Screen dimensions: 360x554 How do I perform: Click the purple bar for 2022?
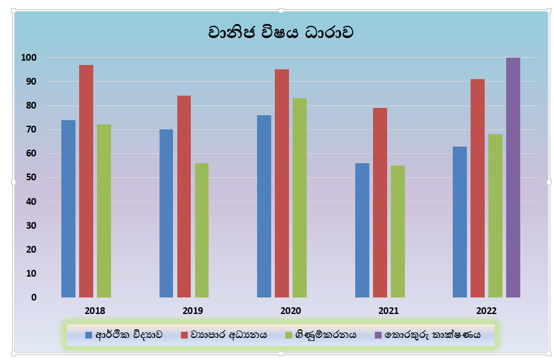(513, 178)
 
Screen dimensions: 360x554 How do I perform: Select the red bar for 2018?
(86, 181)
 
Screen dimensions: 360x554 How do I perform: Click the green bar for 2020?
(299, 197)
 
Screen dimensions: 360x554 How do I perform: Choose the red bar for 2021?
(380, 202)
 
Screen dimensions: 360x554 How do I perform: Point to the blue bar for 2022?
(460, 222)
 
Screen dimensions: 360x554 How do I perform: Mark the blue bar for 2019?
(166, 213)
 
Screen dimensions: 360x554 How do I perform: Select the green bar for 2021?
(398, 231)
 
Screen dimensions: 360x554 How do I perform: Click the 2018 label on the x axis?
(94, 310)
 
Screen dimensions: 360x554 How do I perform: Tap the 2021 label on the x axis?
(388, 310)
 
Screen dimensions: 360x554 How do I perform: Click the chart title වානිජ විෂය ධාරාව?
(280, 32)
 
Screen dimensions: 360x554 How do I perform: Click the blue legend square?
(88, 335)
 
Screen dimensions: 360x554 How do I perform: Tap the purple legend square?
(379, 335)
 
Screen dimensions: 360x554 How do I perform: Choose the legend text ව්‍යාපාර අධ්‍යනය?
(229, 335)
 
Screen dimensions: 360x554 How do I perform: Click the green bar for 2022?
(495, 216)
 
